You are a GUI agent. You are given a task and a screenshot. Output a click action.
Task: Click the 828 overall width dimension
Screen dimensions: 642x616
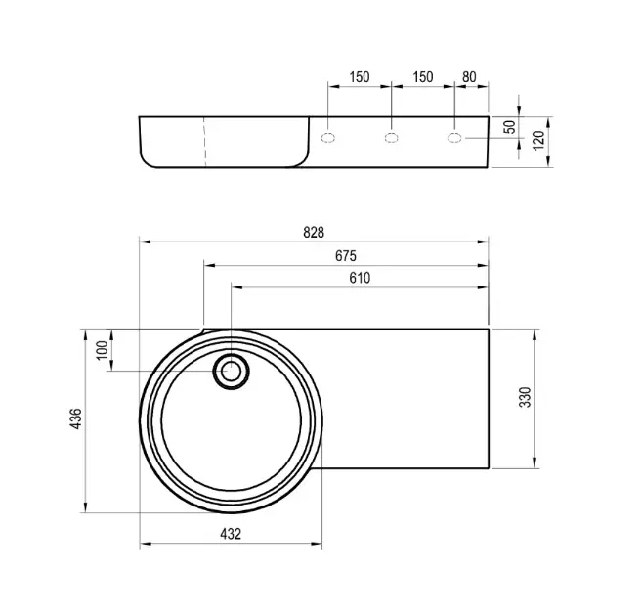314,233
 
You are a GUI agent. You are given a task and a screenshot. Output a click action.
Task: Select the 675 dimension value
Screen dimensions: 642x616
346,256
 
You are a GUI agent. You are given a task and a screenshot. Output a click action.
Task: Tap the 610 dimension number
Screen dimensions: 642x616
360,278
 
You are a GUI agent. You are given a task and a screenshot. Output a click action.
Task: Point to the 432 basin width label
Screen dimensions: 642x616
231,534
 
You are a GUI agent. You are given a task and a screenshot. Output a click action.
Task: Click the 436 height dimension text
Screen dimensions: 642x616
76,418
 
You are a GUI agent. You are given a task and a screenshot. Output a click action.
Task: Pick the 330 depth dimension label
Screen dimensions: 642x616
525,397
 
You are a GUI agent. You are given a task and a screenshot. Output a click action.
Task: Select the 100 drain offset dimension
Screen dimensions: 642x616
103,350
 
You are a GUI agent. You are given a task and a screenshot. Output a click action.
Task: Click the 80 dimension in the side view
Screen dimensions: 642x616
470,77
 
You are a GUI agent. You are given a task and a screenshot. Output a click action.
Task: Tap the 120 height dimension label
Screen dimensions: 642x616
539,140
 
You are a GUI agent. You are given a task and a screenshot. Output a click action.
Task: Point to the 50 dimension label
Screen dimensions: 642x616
510,127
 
